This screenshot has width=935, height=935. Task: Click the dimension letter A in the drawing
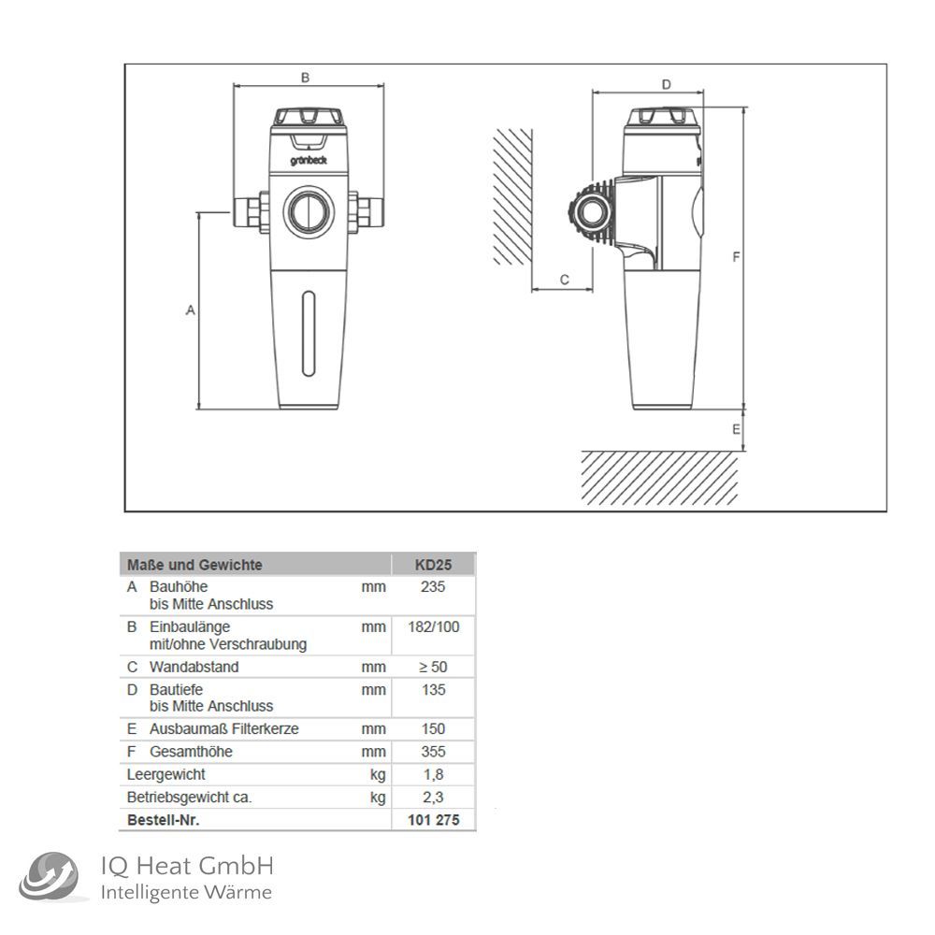pyautogui.click(x=190, y=310)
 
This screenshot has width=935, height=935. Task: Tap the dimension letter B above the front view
pyautogui.click(x=306, y=79)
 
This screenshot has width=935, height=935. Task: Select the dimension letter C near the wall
pyautogui.click(x=564, y=280)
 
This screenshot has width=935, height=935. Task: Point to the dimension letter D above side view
pyautogui.click(x=666, y=85)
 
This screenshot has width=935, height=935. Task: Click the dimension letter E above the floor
pyautogui.click(x=737, y=429)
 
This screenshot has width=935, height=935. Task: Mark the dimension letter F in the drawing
pyautogui.click(x=737, y=257)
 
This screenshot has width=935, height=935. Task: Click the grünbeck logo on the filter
pyautogui.click(x=309, y=161)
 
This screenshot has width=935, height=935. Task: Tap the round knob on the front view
pyautogui.click(x=309, y=211)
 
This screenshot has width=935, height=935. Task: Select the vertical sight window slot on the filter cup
pyautogui.click(x=309, y=334)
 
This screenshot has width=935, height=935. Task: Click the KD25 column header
pyautogui.click(x=434, y=565)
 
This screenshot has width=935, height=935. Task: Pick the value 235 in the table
pyautogui.click(x=433, y=587)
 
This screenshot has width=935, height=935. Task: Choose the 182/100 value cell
pyautogui.click(x=434, y=626)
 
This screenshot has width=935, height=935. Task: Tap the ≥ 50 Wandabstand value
pyautogui.click(x=433, y=668)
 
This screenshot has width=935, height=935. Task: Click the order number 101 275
pyautogui.click(x=434, y=820)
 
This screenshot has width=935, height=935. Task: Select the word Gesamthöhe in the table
pyautogui.click(x=191, y=752)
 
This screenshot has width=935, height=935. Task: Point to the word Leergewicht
pyautogui.click(x=165, y=775)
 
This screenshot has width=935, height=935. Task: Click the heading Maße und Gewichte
pyautogui.click(x=194, y=565)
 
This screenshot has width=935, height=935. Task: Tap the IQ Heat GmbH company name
pyautogui.click(x=187, y=866)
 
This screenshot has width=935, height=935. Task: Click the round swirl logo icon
pyautogui.click(x=49, y=877)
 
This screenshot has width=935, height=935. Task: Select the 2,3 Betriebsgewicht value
pyautogui.click(x=433, y=798)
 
